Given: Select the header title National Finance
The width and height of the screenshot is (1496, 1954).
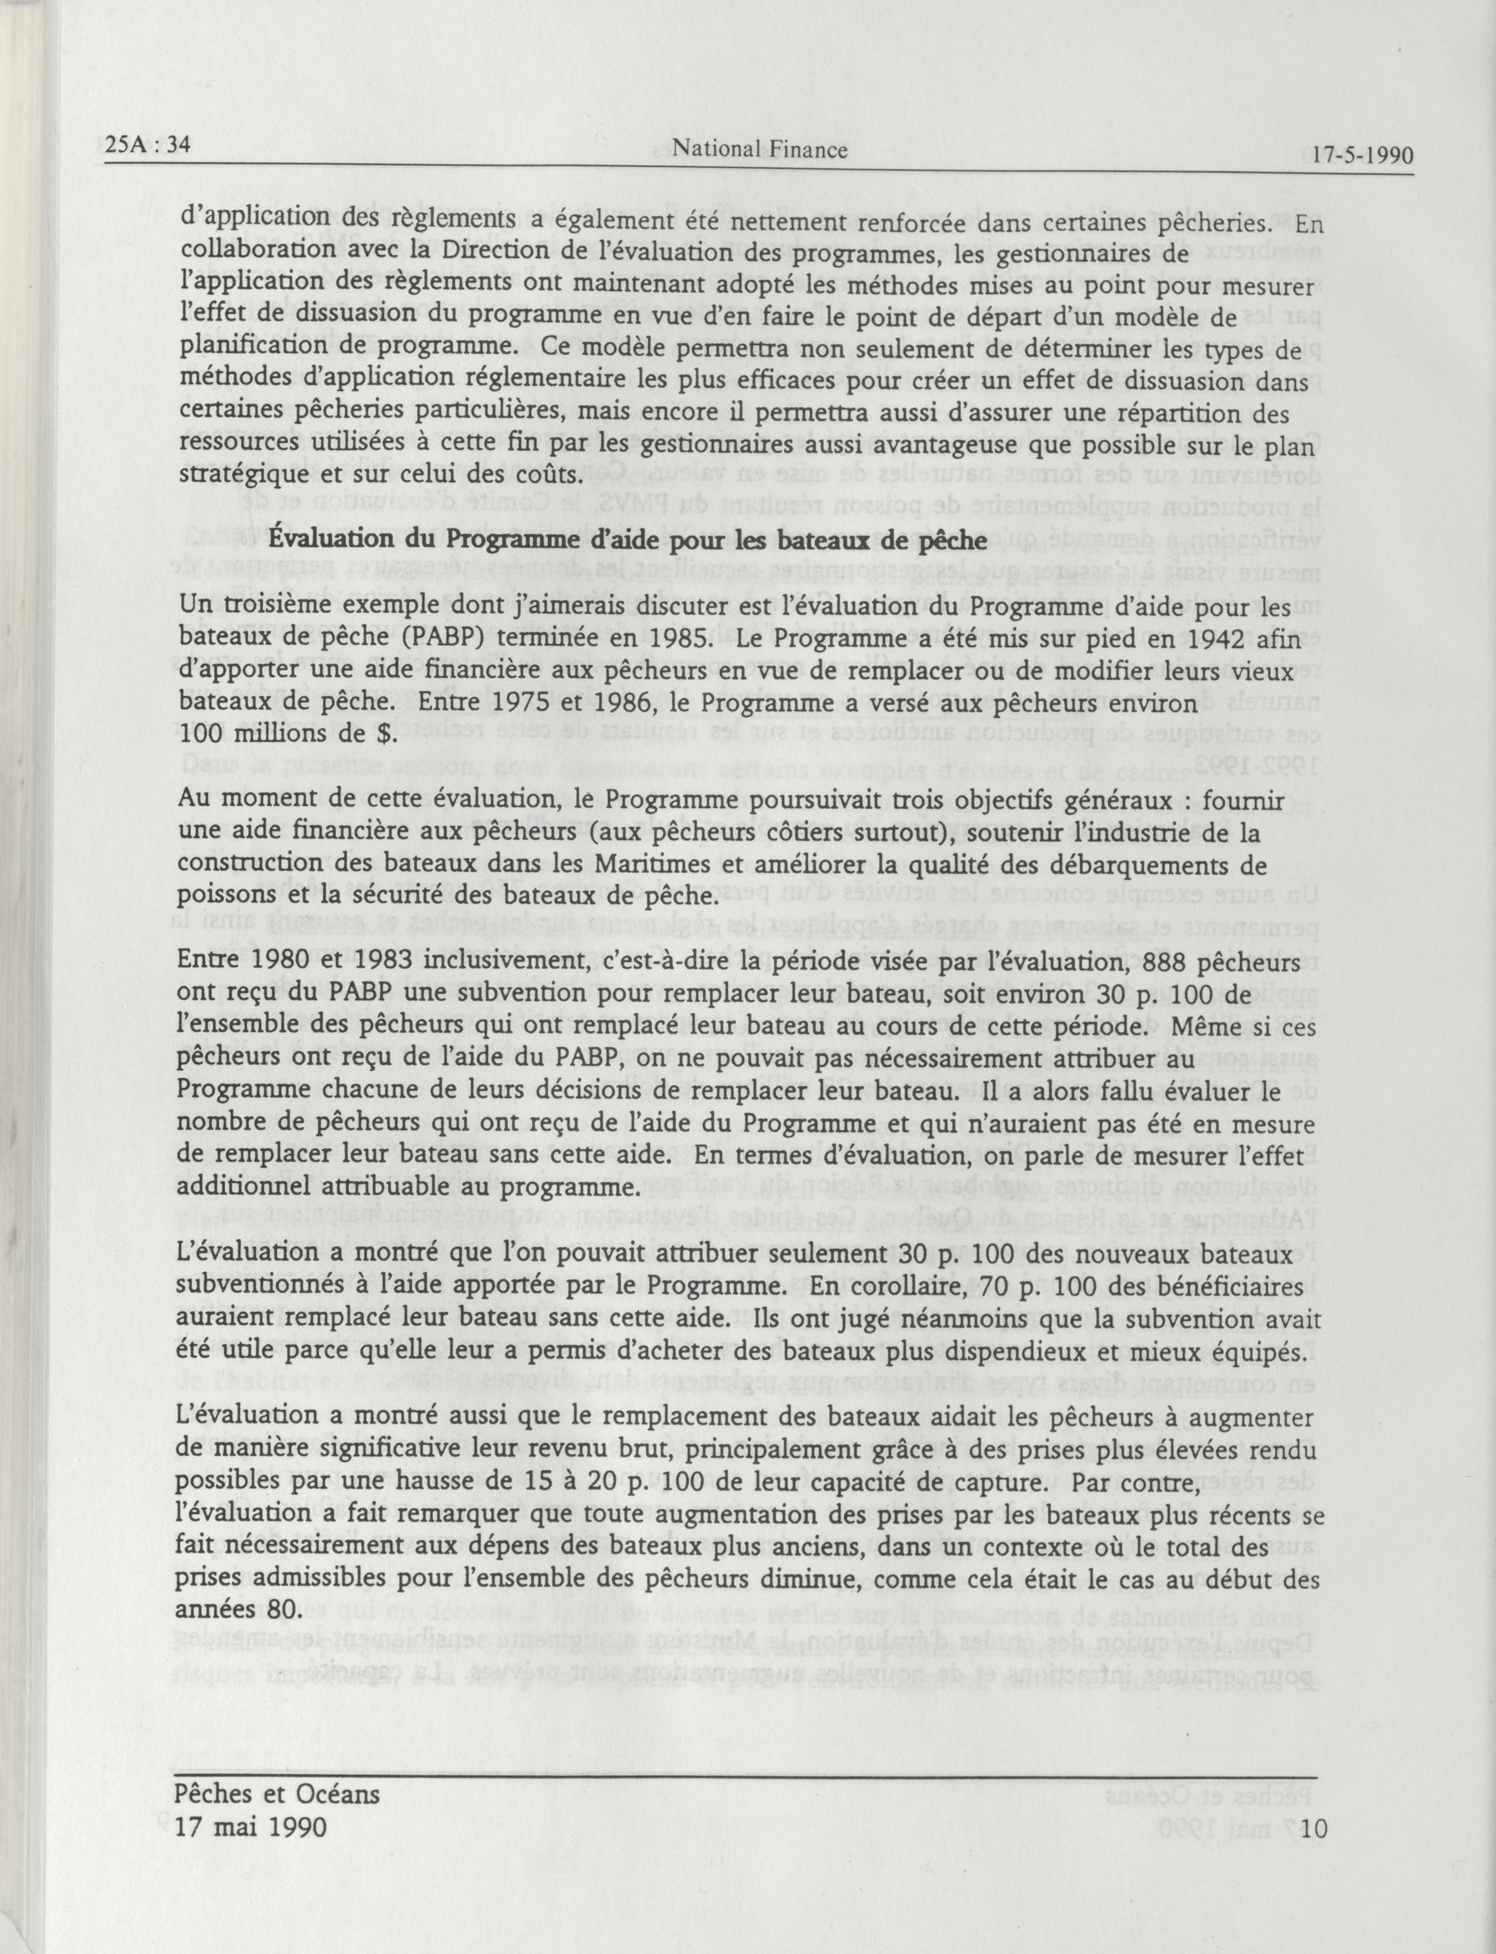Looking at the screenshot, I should (x=759, y=150).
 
